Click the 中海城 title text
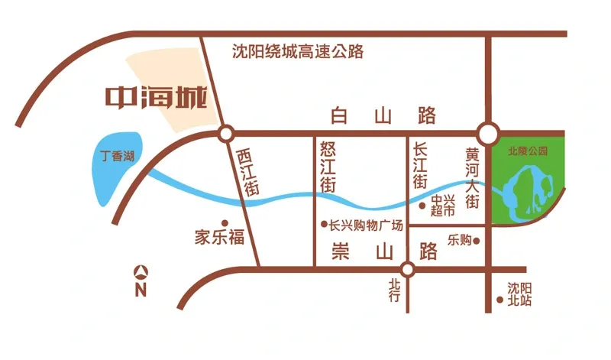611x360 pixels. click(x=156, y=98)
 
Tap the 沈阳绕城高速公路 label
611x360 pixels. click(x=297, y=52)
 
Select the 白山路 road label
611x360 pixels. click(x=384, y=116)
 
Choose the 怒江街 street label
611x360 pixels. click(x=328, y=167)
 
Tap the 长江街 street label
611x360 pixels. click(x=420, y=165)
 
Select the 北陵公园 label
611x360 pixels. click(x=528, y=151)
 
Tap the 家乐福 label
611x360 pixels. click(x=219, y=237)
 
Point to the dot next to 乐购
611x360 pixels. click(x=477, y=241)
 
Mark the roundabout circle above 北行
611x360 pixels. click(x=408, y=269)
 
